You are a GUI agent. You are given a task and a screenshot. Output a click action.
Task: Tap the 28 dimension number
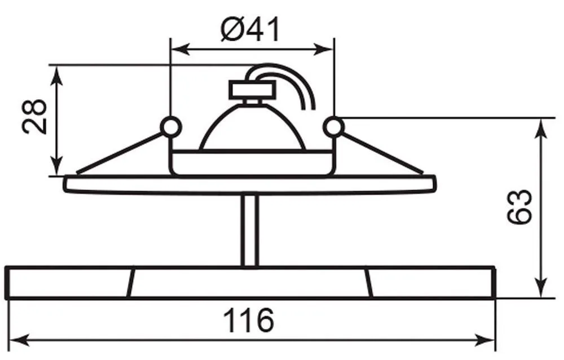coord(34,116)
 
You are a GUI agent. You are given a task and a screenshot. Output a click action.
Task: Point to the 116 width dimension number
coord(249,320)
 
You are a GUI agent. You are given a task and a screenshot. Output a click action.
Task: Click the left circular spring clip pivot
coord(169,127)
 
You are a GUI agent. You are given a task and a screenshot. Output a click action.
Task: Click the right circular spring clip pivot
coord(333,127)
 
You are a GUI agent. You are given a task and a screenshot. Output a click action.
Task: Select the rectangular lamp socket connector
coord(252,89)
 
